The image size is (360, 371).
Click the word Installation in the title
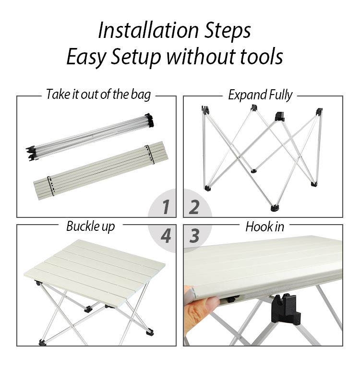(x=148, y=31)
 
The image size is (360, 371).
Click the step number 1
(x=166, y=207)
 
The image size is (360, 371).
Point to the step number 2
(x=194, y=207)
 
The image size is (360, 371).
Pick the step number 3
(x=194, y=236)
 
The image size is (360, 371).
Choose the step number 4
(x=166, y=236)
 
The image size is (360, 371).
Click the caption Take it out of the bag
(x=98, y=95)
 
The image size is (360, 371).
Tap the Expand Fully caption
(x=260, y=95)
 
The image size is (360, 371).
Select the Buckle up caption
(x=90, y=227)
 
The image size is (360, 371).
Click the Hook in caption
(x=264, y=227)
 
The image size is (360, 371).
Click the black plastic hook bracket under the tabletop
(x=285, y=309)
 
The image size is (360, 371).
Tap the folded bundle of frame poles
(x=90, y=137)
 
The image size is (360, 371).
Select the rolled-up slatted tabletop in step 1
(x=101, y=170)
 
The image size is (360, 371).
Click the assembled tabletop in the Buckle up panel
(x=95, y=272)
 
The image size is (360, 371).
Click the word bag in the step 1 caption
(x=141, y=95)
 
